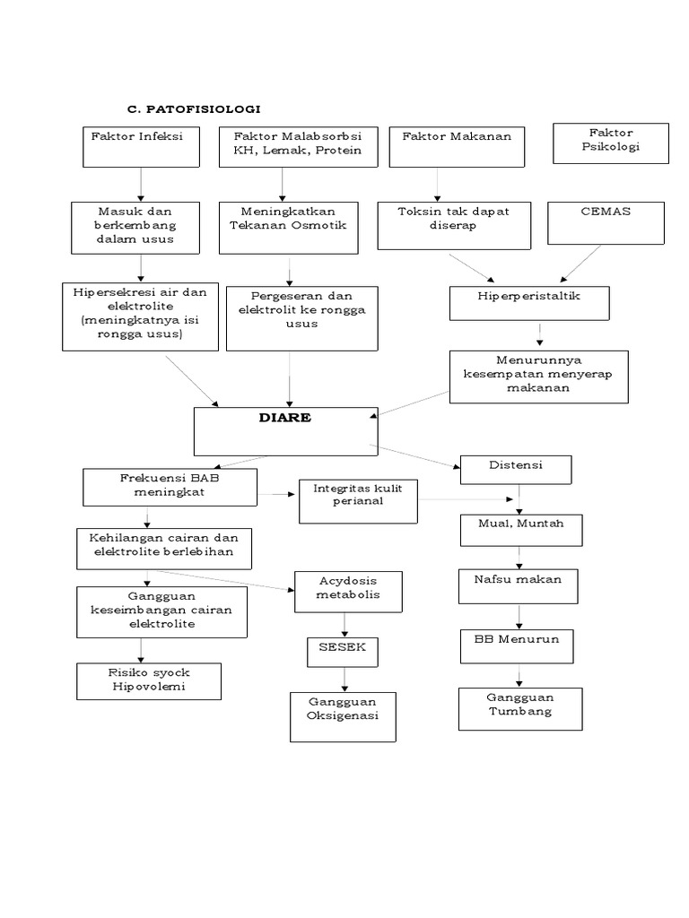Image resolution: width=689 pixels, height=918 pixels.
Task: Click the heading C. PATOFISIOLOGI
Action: coord(193,108)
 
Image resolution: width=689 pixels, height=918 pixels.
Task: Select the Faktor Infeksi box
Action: coord(141,146)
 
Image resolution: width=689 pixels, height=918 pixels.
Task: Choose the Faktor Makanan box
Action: coord(457,146)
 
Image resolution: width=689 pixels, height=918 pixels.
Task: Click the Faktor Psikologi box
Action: coord(610,143)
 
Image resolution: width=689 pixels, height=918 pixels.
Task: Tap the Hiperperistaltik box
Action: coord(529,302)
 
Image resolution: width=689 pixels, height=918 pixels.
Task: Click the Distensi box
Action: coord(515,469)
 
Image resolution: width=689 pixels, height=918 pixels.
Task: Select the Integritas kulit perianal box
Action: coord(358,499)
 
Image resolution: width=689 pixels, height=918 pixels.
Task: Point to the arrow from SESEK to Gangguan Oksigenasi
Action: coord(344,678)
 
